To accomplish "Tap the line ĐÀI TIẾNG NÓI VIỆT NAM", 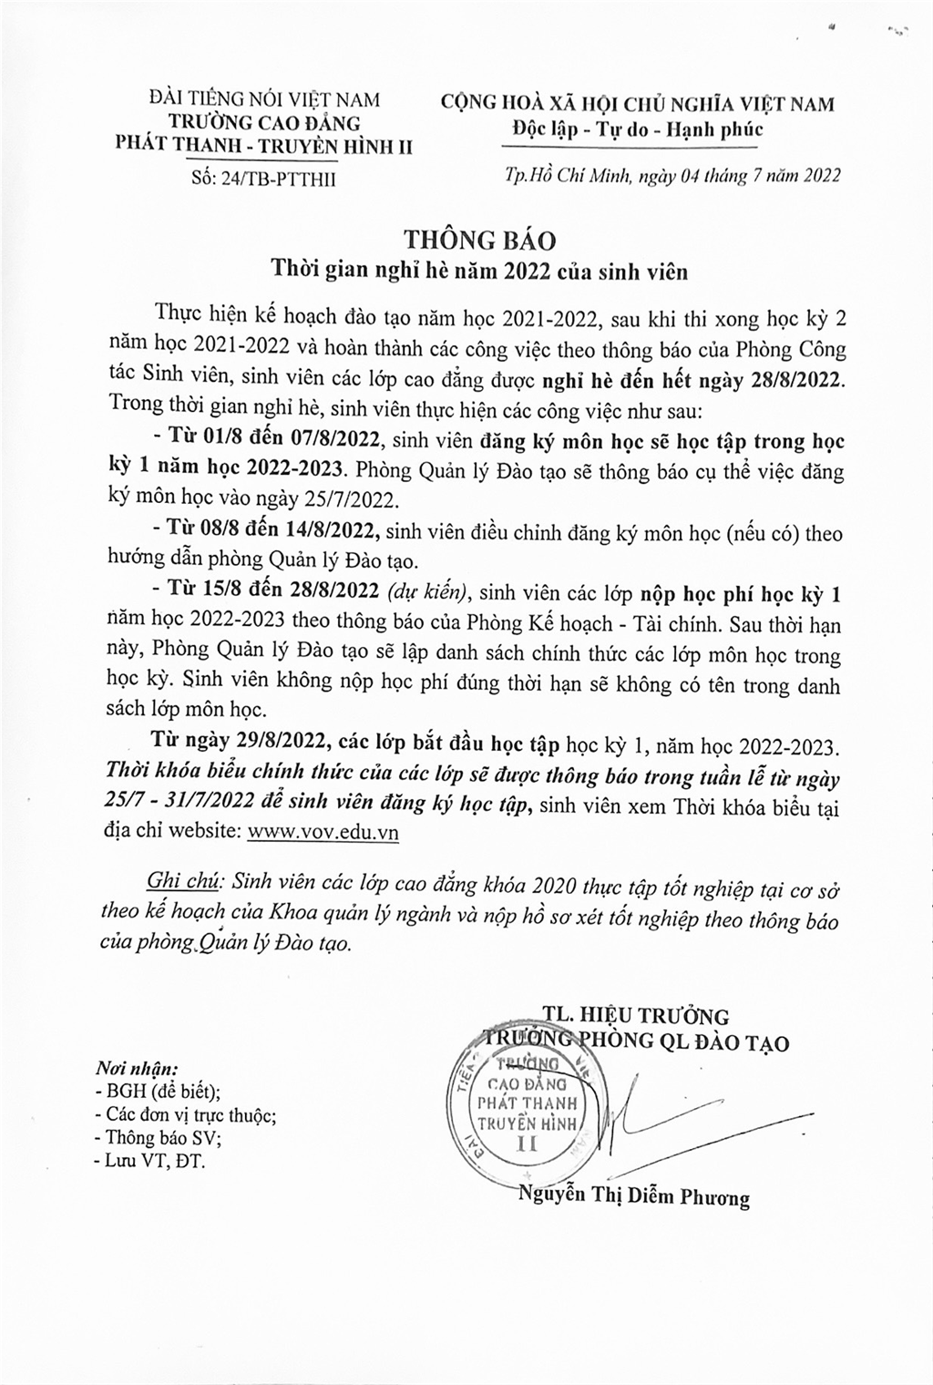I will pos(264,99).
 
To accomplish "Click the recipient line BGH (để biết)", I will pos(158,1091).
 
